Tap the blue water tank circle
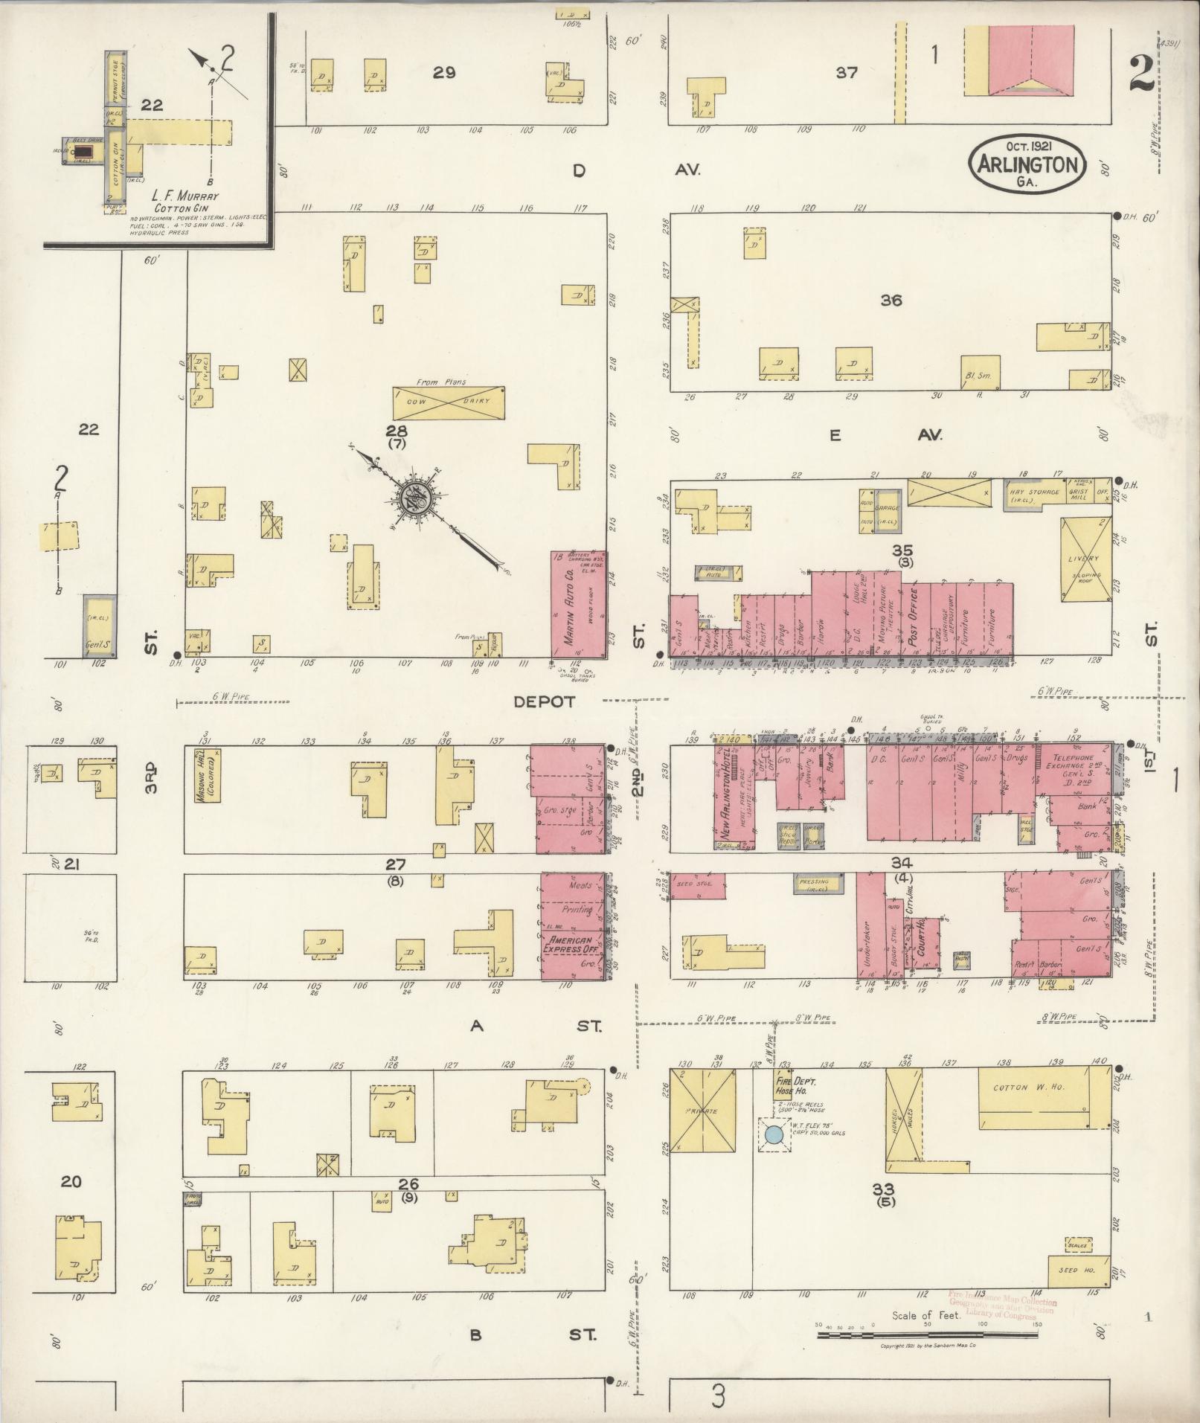point(774,1134)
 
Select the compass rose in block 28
point(413,499)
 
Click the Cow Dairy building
point(449,402)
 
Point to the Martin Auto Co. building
point(578,604)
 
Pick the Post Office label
point(914,617)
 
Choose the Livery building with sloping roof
point(1085,559)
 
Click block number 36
point(891,301)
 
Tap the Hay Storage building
point(1033,492)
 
